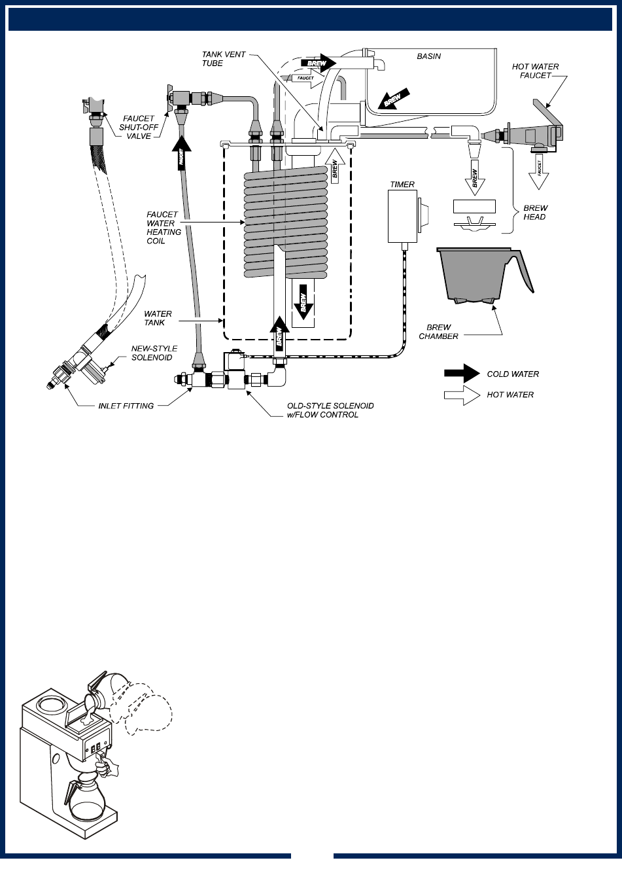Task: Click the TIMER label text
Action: pyautogui.click(x=402, y=185)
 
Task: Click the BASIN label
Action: pyautogui.click(x=429, y=56)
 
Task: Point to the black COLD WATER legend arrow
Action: pyautogui.click(x=462, y=374)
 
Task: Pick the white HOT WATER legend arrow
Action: pyautogui.click(x=462, y=395)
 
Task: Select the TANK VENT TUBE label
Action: pyautogui.click(x=224, y=59)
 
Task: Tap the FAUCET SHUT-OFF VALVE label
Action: pyautogui.click(x=137, y=127)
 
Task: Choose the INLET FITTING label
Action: pyautogui.click(x=126, y=406)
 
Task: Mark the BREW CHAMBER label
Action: pyautogui.click(x=439, y=332)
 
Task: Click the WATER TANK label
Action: pyautogui.click(x=158, y=319)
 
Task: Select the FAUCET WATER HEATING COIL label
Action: pyautogui.click(x=161, y=227)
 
